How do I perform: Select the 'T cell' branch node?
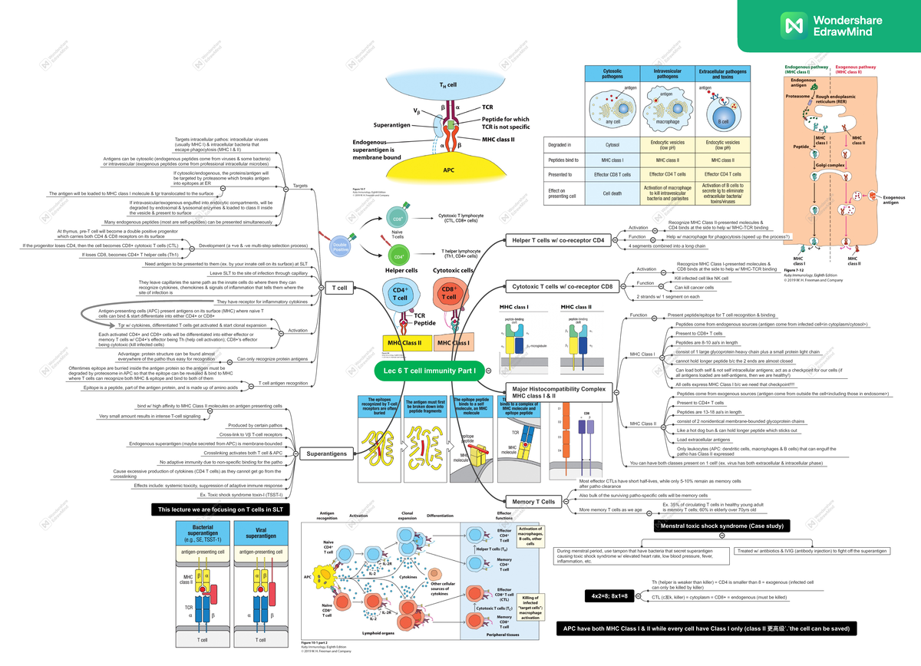(x=338, y=288)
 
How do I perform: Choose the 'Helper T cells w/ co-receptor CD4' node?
(x=557, y=240)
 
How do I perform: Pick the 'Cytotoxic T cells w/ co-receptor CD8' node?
(x=563, y=286)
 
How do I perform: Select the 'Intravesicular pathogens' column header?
(x=667, y=74)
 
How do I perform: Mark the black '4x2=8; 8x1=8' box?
(x=609, y=596)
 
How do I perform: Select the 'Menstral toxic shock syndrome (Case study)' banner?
(x=721, y=526)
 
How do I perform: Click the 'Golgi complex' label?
(x=830, y=165)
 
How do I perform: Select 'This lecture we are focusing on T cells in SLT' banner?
(x=220, y=509)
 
